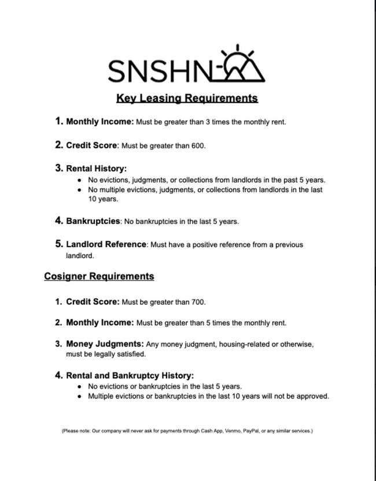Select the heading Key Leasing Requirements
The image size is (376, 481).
tap(187, 98)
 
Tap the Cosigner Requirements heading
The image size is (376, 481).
tap(99, 276)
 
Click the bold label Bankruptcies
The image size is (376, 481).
tap(93, 221)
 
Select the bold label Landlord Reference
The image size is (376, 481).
tap(106, 244)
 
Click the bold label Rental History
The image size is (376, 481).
tap(96, 169)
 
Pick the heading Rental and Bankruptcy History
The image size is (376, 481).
tap(130, 375)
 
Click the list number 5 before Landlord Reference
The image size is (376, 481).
tap(58, 244)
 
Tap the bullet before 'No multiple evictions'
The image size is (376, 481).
tap(79, 189)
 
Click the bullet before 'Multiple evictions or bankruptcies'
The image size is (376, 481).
tap(79, 396)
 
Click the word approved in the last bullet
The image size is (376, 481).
tap(314, 396)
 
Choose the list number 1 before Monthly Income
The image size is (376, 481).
tap(58, 121)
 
